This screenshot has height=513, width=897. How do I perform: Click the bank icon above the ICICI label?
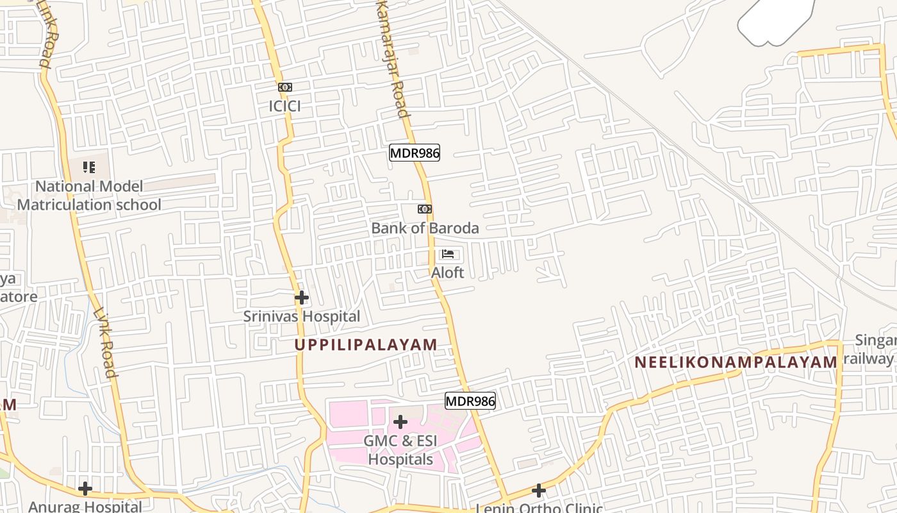285,87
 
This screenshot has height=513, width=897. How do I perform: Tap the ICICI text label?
284,106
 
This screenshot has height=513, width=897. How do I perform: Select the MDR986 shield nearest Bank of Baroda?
415,153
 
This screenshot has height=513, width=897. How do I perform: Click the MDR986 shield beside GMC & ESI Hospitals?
470,401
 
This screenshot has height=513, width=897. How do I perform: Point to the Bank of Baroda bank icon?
424,209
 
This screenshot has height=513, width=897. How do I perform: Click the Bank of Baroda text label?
425,228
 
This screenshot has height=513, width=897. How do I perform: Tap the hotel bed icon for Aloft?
448,254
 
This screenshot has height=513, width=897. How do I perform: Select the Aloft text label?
447,273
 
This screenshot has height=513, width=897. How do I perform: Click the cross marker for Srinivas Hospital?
302,298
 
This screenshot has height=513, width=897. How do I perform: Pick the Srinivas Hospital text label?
301,316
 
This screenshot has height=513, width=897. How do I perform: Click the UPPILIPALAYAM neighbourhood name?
366,344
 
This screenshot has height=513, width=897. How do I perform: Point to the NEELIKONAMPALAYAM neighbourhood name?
736,362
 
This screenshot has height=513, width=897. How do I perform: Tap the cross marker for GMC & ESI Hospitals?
400,422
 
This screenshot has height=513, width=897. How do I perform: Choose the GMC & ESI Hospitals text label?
400,450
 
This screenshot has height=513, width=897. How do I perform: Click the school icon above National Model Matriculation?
89,168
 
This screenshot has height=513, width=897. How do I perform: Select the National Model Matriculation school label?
89,196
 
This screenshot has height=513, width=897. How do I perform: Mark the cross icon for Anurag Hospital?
85,489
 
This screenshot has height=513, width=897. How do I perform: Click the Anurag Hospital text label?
85,506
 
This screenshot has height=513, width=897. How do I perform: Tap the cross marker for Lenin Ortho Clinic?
539,491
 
